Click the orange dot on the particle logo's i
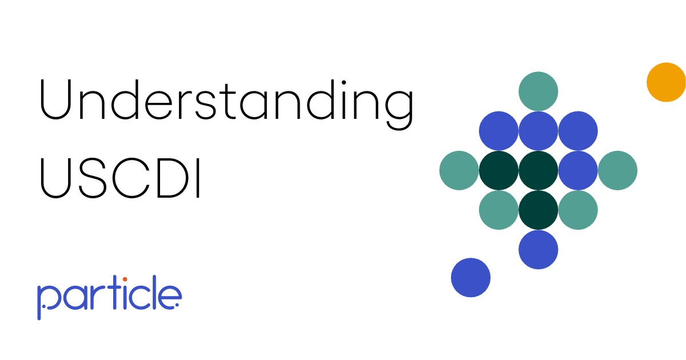coord(125,279)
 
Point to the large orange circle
coord(666,82)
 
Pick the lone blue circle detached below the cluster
coord(470,278)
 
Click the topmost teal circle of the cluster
coord(538,91)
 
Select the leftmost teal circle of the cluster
coord(459,170)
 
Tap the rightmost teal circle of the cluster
coord(617,170)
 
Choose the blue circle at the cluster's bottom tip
coord(538,250)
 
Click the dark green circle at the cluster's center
coord(538,170)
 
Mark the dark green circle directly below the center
coord(538,210)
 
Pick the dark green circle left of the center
coord(498,170)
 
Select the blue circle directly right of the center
coord(577,170)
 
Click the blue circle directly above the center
coord(538,131)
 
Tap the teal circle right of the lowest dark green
coord(577,210)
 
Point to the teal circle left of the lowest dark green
coord(498,210)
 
